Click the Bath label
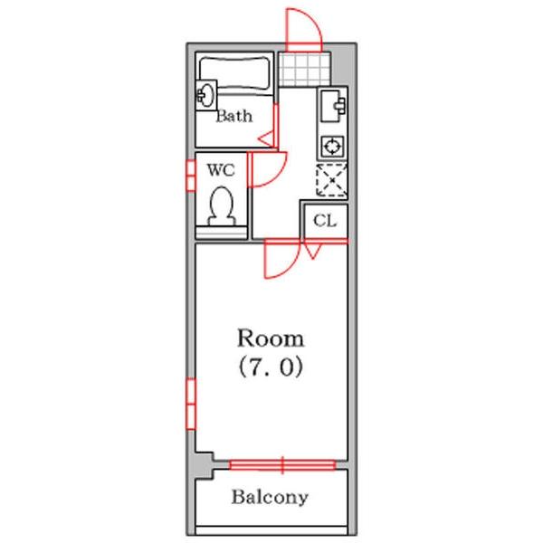point(234,116)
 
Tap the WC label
point(221,170)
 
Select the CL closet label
point(325,221)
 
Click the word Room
point(271,338)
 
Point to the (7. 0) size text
point(271,367)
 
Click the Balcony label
point(270,497)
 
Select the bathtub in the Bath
point(234,73)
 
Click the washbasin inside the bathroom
point(206,95)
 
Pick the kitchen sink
point(332,106)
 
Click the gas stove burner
point(332,146)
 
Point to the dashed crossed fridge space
point(332,180)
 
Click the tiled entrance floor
point(304,70)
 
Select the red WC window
point(190,176)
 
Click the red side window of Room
point(191,404)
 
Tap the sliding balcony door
point(282,465)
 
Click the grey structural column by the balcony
point(203,466)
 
